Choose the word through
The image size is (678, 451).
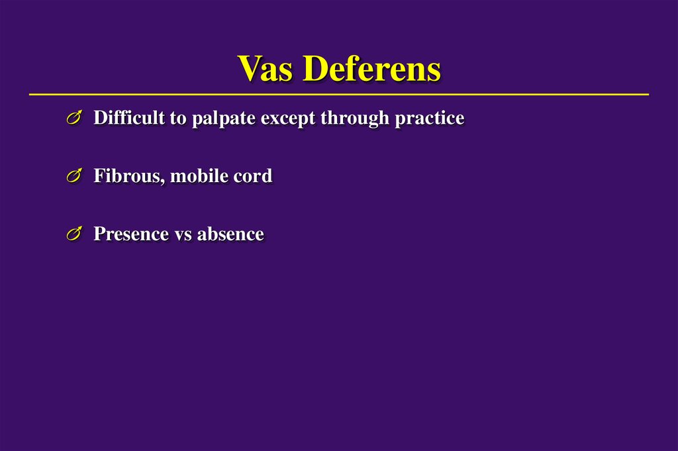coord(354,119)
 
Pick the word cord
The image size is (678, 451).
coord(252,176)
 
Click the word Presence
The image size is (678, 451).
coord(131,234)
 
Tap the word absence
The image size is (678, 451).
coord(230,234)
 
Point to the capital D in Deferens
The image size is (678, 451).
coord(317,69)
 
